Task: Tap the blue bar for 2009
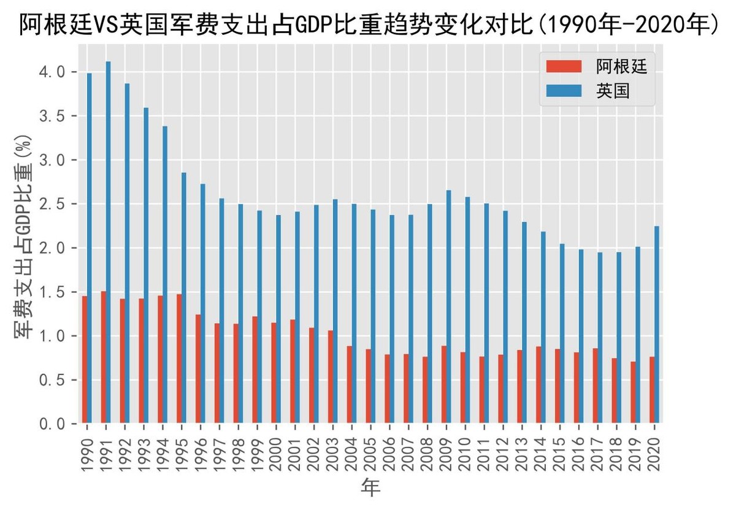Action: [x=449, y=306]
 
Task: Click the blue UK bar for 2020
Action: [x=657, y=325]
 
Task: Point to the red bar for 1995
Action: [x=180, y=359]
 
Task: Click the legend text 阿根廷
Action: [x=621, y=66]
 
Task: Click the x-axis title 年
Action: [x=370, y=488]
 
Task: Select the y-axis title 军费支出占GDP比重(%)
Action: [x=24, y=245]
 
